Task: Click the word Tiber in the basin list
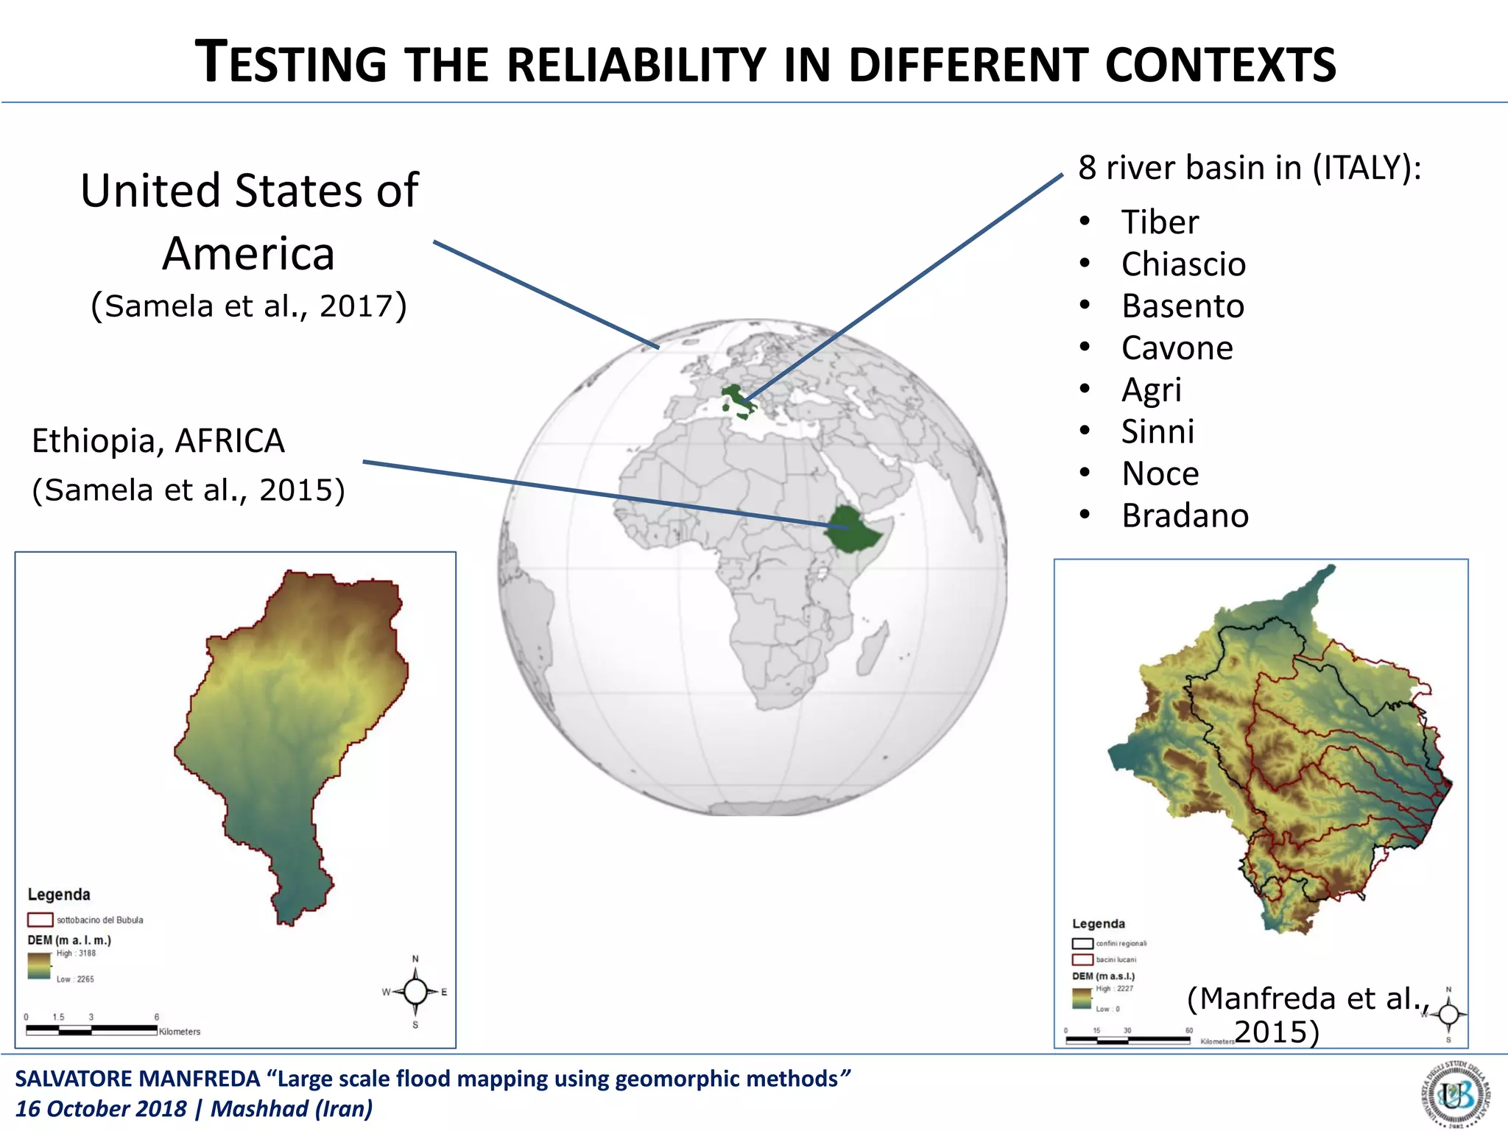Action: pos(1160,222)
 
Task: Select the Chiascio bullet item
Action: pos(1183,264)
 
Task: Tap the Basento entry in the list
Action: pos(1183,306)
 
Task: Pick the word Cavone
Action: pos(1177,348)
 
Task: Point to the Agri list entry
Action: pos(1151,390)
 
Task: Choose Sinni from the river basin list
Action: pos(1158,432)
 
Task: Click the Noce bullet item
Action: pos(1160,474)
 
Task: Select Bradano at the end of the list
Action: pos(1185,516)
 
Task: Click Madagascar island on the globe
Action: pos(872,649)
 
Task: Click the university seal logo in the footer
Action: pos(1456,1094)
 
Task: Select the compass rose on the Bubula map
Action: pos(415,992)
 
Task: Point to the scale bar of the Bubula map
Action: pos(91,1029)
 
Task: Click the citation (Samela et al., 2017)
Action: pos(249,306)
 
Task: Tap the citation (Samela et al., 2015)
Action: pos(188,490)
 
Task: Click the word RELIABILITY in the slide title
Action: pos(636,65)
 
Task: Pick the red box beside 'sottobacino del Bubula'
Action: pos(40,920)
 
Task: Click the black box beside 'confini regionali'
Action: pos(1082,943)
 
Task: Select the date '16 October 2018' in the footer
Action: pos(101,1109)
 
